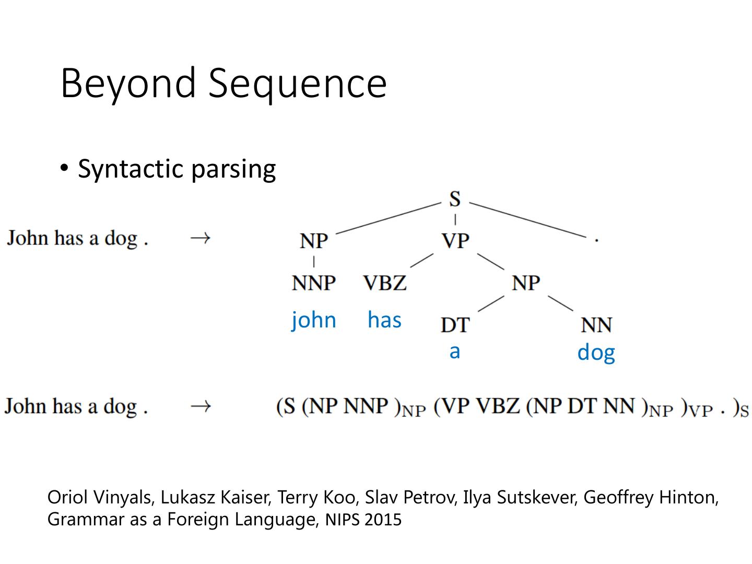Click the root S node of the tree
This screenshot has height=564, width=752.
455,199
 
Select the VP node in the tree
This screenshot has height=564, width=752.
455,241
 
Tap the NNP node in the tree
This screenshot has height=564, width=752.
314,283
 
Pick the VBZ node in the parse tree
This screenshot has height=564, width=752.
385,283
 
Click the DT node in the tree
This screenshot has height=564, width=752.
455,325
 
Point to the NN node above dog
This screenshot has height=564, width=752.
596,325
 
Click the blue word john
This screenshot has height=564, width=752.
314,320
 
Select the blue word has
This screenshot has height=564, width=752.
384,320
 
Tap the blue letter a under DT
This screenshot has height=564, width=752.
455,351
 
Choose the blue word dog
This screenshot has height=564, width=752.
596,353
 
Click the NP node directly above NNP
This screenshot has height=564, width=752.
314,241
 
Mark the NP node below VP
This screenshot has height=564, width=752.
526,283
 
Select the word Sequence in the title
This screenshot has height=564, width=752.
298,84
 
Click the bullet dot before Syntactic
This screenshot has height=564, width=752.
64,168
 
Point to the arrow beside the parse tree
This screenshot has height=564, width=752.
200,238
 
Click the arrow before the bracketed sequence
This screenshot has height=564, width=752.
200,406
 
